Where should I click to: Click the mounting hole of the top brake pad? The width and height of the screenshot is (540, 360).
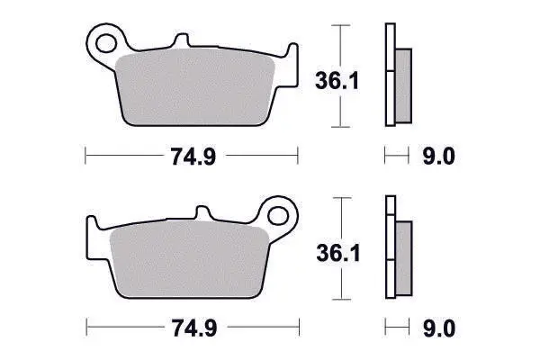click(105, 43)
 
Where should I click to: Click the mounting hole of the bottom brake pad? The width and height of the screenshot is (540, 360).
click(277, 216)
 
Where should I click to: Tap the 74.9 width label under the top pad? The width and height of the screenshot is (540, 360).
click(193, 156)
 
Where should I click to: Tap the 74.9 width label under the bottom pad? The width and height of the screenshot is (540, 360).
click(194, 328)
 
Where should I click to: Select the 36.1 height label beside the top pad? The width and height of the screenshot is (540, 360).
click(337, 81)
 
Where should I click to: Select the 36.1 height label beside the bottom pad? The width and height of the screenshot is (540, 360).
click(338, 253)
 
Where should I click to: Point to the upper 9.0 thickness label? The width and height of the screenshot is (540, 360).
click(439, 156)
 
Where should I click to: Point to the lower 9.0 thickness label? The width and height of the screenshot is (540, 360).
click(439, 328)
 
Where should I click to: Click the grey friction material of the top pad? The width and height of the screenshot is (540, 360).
click(195, 86)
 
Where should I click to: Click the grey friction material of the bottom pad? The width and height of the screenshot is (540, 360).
click(189, 259)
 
